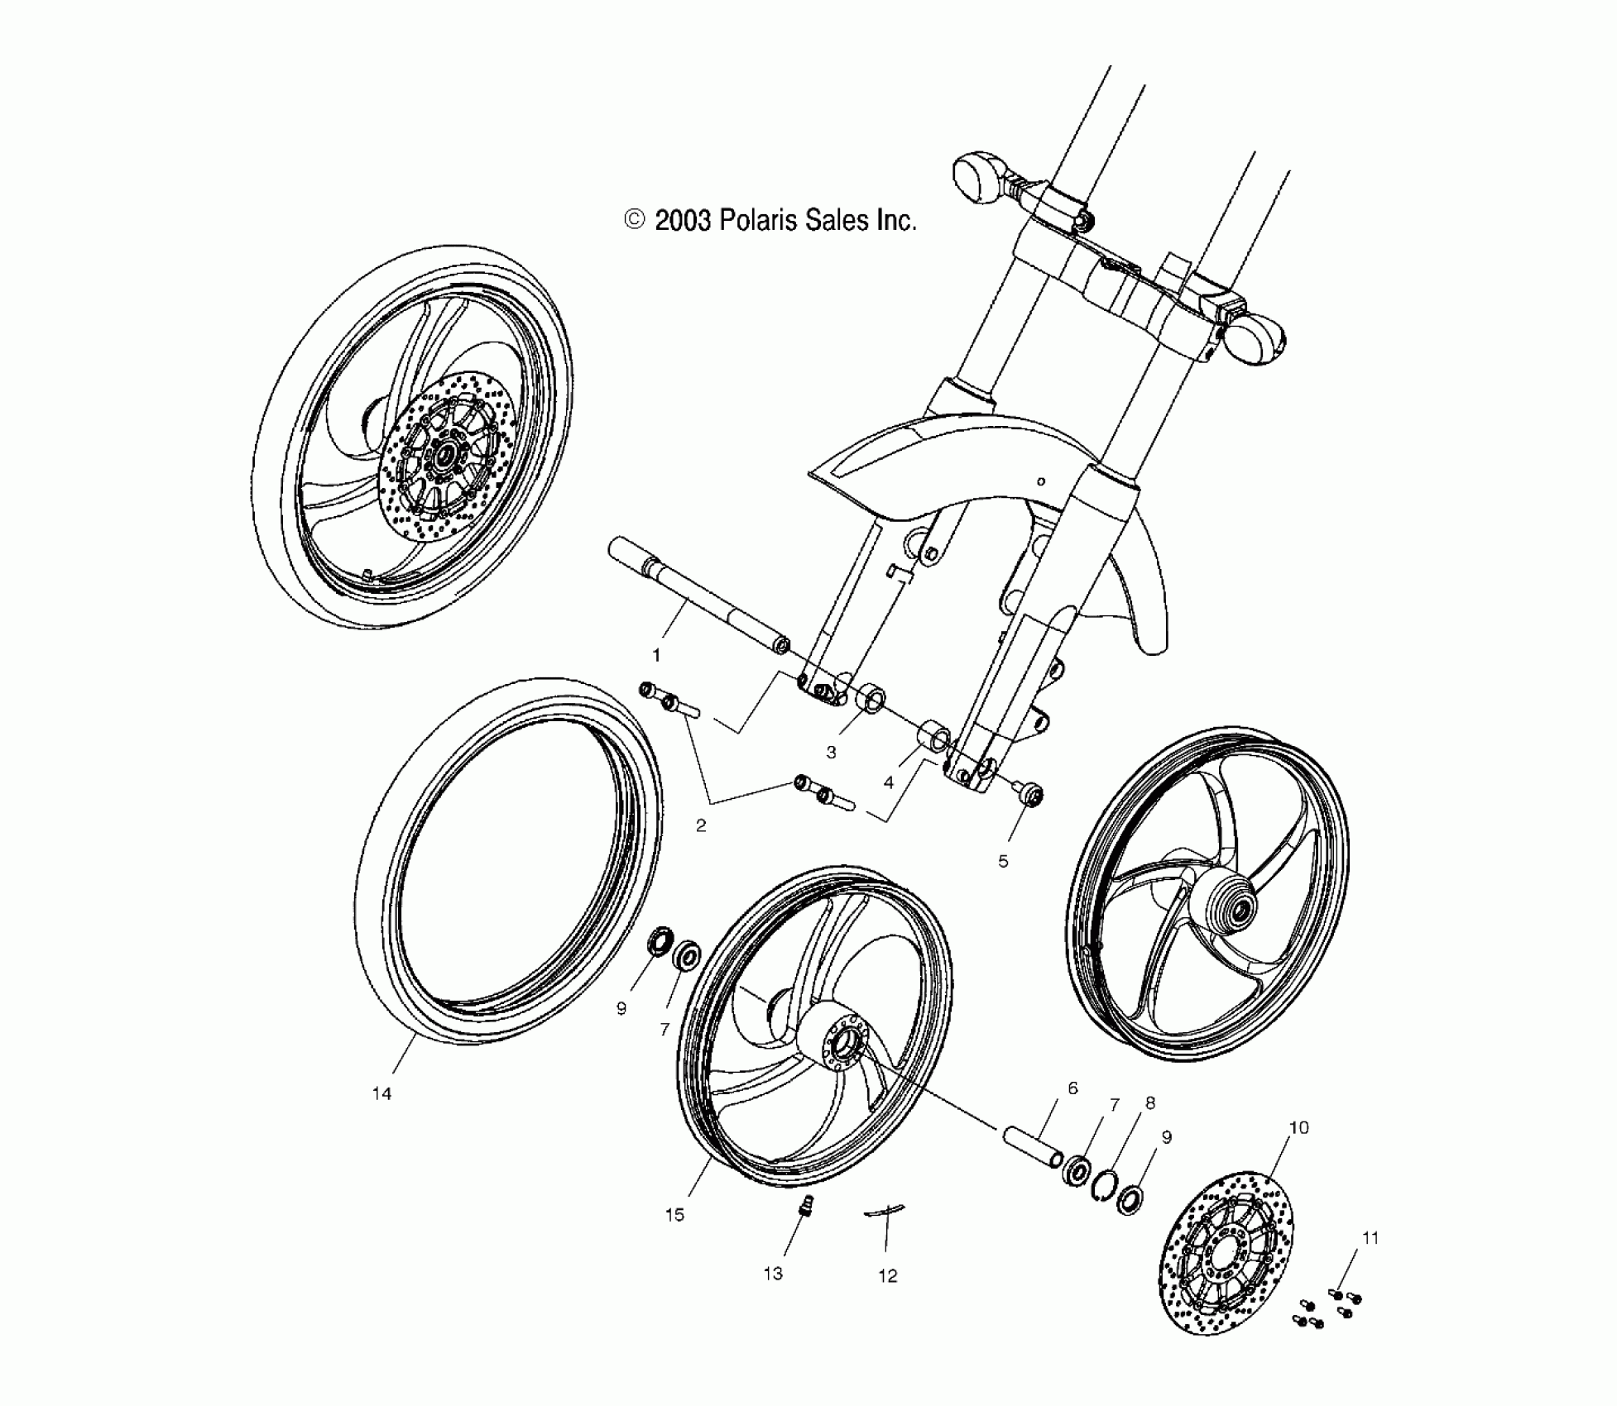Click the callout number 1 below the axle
(656, 656)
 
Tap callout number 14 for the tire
(381, 1094)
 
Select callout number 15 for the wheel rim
(674, 1215)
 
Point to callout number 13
(773, 1274)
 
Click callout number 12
(887, 1276)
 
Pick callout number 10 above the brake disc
(1299, 1127)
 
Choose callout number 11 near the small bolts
(1370, 1238)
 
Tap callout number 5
(1003, 862)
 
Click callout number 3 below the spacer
(831, 753)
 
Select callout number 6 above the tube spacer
(1072, 1088)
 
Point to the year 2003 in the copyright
(683, 221)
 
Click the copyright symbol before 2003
(635, 220)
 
